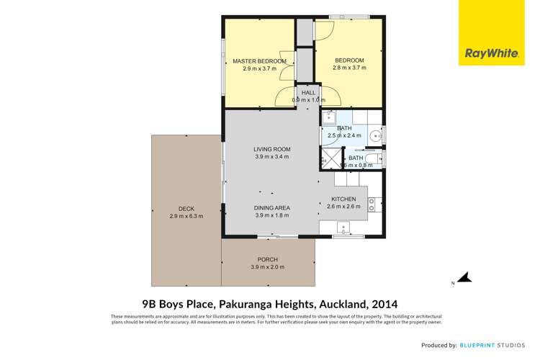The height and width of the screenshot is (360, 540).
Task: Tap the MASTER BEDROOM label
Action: click(x=259, y=61)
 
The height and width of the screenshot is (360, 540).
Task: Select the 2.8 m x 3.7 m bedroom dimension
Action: click(x=349, y=68)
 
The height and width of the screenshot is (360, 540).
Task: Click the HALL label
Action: click(x=309, y=93)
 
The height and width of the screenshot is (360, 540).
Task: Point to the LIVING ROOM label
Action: click(x=271, y=149)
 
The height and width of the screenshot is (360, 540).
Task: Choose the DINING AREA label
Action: click(x=271, y=207)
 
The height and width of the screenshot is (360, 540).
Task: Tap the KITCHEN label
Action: click(x=344, y=199)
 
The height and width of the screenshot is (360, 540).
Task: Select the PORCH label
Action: click(x=267, y=259)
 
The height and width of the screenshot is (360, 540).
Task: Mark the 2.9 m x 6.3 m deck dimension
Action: click(x=186, y=215)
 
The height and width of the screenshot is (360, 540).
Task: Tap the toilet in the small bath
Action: click(x=374, y=159)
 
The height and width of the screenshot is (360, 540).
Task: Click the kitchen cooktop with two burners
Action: click(x=372, y=204)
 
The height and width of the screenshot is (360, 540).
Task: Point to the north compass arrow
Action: click(x=464, y=278)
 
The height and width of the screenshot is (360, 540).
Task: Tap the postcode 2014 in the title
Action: click(x=384, y=304)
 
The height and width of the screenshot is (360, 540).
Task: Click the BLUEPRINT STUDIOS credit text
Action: click(x=496, y=346)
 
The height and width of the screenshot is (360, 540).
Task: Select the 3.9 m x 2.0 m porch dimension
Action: click(x=267, y=267)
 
